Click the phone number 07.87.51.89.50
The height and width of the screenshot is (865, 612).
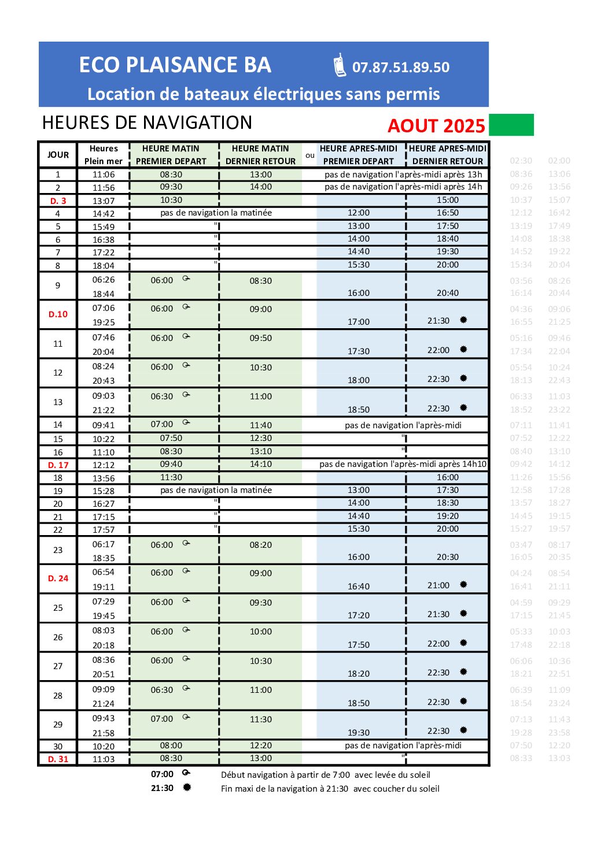coord(400,67)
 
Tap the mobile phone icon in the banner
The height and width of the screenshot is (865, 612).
coord(340,65)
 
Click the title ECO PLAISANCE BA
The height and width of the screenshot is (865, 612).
coord(175,65)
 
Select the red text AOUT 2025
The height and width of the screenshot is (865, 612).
coord(436,126)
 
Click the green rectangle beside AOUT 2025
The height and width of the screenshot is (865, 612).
coord(511,125)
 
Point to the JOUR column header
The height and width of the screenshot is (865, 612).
coord(58,155)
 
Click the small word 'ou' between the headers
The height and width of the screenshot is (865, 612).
coord(310,155)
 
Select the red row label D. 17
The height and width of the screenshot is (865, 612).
coord(58,465)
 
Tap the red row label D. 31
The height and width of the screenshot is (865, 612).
coord(58,759)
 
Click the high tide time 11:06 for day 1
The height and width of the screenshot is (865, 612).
coord(104,175)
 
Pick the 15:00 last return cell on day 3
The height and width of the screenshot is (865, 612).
coord(448,200)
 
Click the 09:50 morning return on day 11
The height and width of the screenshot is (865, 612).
coord(261,338)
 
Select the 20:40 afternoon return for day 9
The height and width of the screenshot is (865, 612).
coord(448,293)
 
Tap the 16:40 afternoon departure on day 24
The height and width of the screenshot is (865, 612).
coord(359,586)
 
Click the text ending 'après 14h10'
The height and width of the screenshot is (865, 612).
coord(403,464)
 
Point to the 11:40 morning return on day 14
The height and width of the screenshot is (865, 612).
coord(261,425)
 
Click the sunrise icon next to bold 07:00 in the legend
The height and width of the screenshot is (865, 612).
coord(186,773)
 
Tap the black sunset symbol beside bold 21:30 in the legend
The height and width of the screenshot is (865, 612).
coord(187,788)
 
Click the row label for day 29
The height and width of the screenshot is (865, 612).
coord(58,725)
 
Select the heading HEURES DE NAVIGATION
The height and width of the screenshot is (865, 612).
coord(147,122)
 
